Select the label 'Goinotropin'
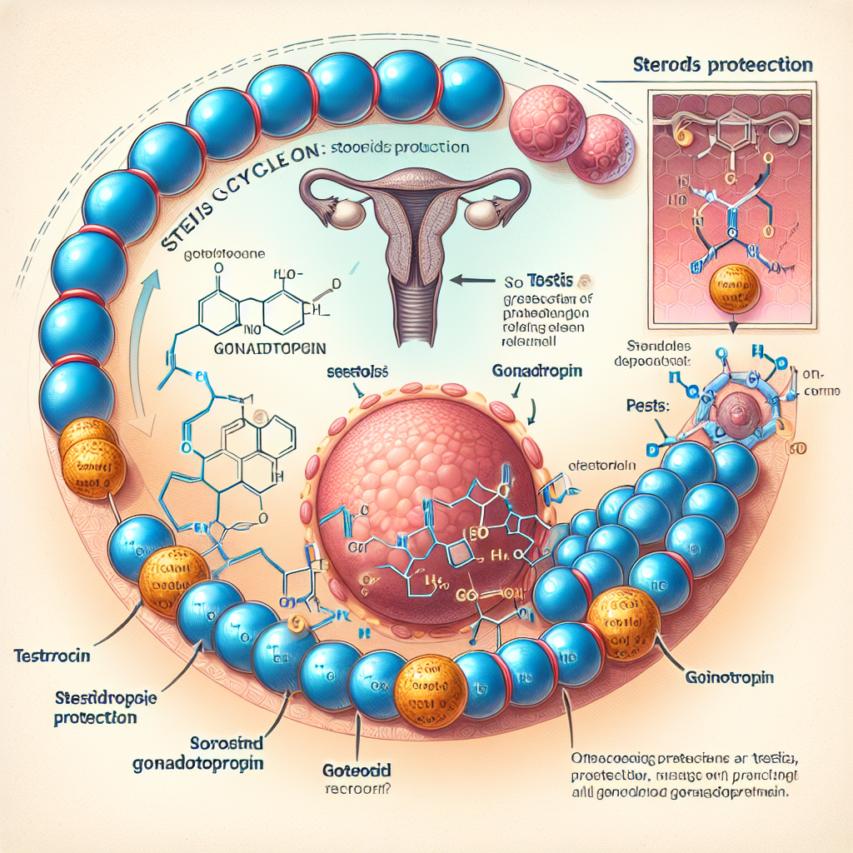[x=730, y=678]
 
